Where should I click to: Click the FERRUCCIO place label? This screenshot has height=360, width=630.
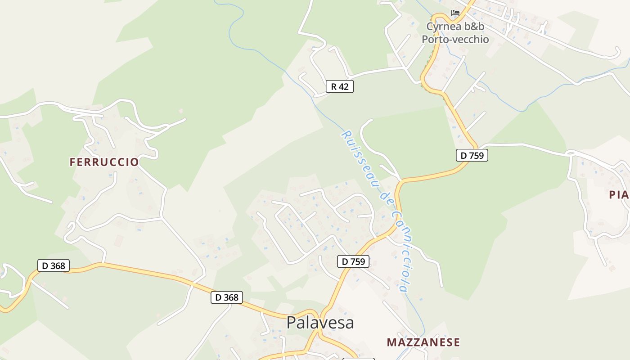104,162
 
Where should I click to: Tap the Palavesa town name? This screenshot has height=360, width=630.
320,323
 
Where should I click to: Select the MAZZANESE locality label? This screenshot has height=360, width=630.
423,342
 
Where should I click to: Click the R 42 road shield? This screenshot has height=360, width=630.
340,86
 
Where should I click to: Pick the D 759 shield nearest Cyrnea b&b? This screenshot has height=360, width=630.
472,156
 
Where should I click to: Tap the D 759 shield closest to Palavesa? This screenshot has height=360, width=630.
353,261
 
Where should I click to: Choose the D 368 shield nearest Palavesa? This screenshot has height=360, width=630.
227,297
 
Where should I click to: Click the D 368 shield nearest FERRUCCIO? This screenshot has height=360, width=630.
54,266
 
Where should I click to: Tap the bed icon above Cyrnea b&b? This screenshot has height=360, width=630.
455,13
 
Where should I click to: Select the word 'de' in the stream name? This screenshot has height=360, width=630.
385,198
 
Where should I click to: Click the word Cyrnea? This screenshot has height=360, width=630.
444,27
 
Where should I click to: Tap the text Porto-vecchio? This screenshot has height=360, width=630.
455,40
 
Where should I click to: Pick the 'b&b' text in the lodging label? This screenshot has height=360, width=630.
474,27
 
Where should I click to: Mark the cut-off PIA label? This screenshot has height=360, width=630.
619,195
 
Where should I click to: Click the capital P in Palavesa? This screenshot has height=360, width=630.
291,323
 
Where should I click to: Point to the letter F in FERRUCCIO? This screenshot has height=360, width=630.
73,162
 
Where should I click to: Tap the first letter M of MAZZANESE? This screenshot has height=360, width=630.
391,342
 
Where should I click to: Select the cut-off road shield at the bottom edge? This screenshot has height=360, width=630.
358,359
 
